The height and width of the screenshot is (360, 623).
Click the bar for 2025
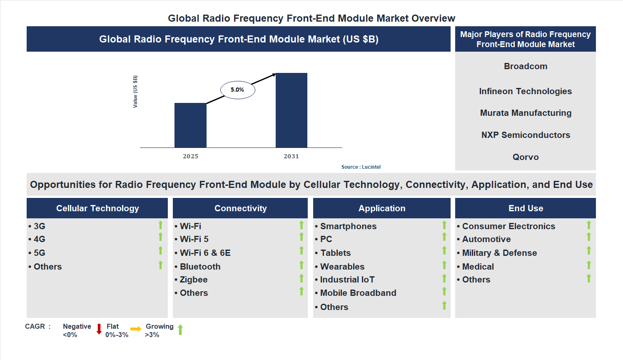(x=190, y=125)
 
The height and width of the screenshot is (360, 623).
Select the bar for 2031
(x=291, y=110)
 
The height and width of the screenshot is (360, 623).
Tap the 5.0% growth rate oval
(x=237, y=90)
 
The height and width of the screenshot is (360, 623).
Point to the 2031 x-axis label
(x=291, y=156)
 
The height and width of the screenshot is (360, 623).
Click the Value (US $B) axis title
(x=135, y=92)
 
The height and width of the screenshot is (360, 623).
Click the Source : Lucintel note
(x=361, y=167)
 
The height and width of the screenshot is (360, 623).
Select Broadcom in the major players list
(x=526, y=66)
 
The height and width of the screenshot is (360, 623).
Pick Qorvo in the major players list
(x=526, y=157)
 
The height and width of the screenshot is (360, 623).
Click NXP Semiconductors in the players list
(x=526, y=135)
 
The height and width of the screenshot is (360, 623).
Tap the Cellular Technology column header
(x=97, y=208)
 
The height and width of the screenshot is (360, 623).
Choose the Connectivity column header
(x=240, y=208)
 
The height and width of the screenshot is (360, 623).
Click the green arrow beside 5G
(x=160, y=251)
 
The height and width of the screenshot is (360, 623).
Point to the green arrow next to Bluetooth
(x=302, y=265)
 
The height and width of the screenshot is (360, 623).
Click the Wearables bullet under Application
(x=342, y=267)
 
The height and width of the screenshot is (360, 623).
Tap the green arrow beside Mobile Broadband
(x=444, y=291)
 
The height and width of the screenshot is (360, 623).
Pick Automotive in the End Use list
(x=486, y=239)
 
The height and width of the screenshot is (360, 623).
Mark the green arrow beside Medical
(x=589, y=265)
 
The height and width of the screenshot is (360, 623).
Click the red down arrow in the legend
(x=99, y=329)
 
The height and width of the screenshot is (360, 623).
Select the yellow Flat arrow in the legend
(x=136, y=329)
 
